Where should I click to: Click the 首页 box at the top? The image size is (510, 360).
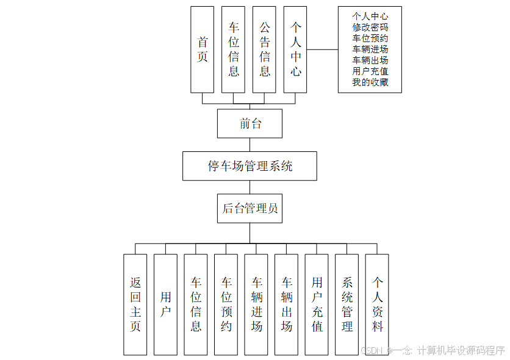pos(203,49)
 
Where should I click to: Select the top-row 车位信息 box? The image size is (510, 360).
pos(234,49)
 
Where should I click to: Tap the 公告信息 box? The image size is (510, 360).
pos(265,49)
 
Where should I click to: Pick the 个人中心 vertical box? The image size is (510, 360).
pos(296,49)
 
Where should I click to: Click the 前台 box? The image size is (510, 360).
pos(250,124)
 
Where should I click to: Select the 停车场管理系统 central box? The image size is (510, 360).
pos(250,166)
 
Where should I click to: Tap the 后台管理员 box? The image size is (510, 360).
pos(250,209)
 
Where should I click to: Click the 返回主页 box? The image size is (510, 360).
pos(135,304)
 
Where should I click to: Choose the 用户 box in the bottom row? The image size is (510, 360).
pos(165,304)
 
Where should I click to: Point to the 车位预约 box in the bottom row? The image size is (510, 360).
pos(226,304)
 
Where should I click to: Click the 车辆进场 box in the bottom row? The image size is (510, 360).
pos(256,304)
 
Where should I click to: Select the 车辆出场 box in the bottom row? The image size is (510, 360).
pos(287,304)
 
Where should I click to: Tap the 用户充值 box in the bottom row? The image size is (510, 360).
pos(317,304)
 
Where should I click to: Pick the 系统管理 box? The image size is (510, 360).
pos(347,304)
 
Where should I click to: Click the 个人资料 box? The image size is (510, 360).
pos(377,304)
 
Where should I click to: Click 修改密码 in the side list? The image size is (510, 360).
pos(370,27)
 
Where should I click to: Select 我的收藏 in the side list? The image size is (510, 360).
pos(370,82)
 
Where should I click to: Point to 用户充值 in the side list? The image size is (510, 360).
pos(370,71)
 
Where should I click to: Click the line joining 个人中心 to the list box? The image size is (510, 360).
pos(323,49)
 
